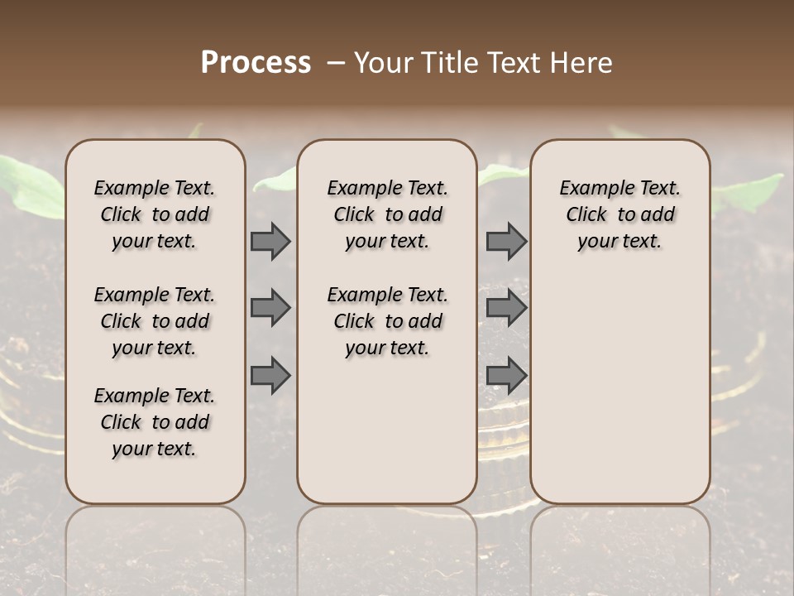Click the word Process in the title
point(256,63)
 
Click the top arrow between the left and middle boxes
point(270,241)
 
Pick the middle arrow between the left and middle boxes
point(270,308)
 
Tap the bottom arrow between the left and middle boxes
point(270,375)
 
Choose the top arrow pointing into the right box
point(506,241)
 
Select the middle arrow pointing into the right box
point(506,308)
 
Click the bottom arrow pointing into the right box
point(506,375)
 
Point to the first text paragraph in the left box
point(155,214)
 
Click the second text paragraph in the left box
point(155,321)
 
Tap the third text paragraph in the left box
point(155,422)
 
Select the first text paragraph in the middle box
point(387,214)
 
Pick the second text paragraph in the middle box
point(387,321)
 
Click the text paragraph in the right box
point(619,214)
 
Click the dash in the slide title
point(337,63)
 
